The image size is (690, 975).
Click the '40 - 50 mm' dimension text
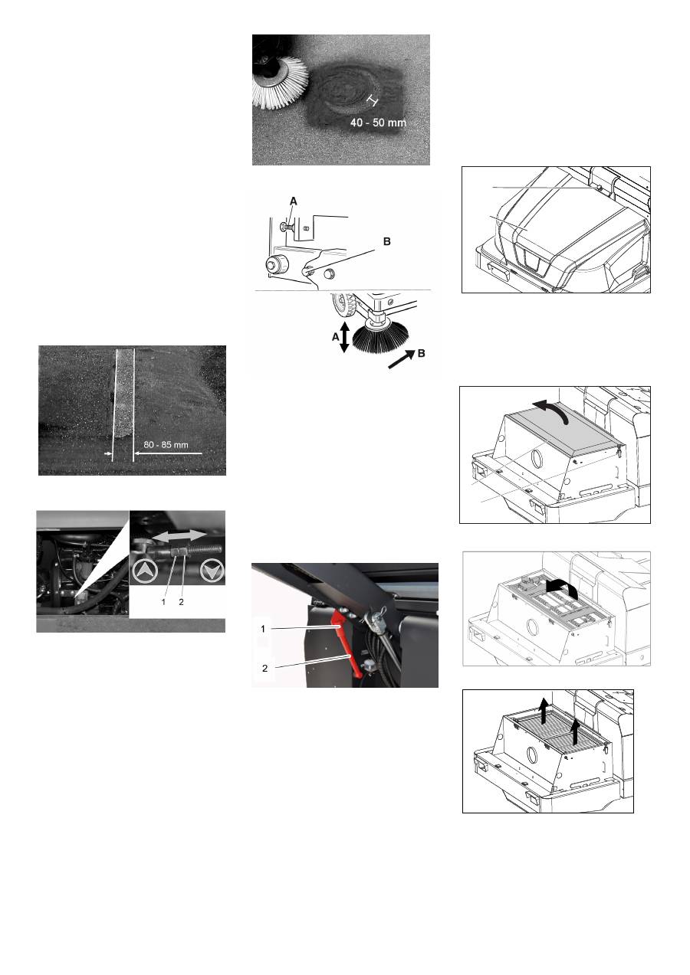coord(378,123)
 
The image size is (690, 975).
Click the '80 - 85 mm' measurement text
coord(166,444)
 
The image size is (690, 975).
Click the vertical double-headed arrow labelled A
coord(344,337)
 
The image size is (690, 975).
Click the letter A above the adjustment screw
coord(293,201)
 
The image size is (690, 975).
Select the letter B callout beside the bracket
coord(387,241)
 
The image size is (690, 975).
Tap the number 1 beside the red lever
coord(263,629)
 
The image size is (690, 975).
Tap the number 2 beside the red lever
coord(264,668)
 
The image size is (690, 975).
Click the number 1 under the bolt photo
coord(163,602)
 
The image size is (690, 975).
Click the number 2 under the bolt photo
coord(181,602)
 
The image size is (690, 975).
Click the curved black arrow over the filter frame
coord(562,591)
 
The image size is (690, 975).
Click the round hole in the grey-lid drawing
coord(536,458)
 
